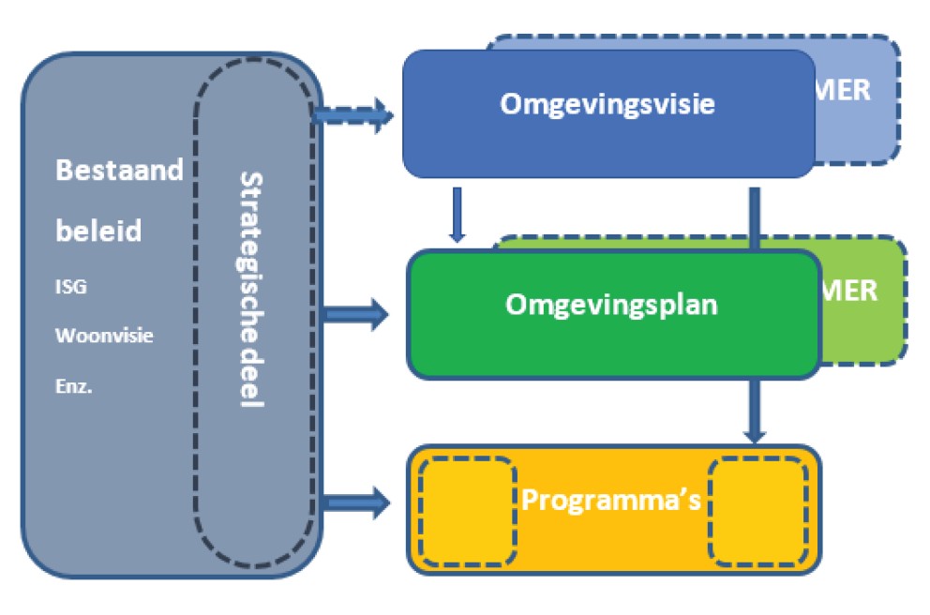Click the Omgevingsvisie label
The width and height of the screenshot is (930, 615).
point(607,103)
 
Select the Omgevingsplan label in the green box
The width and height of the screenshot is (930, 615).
point(611,305)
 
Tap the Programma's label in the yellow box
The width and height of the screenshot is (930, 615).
point(611,501)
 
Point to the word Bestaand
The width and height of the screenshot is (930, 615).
point(119,172)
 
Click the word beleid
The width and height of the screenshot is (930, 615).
point(98,231)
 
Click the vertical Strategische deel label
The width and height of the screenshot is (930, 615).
point(252,289)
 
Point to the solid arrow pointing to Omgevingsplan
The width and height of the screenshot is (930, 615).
point(355,314)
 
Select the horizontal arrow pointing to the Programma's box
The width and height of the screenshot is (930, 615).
point(355,502)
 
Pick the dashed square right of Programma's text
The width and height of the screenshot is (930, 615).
point(757,511)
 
